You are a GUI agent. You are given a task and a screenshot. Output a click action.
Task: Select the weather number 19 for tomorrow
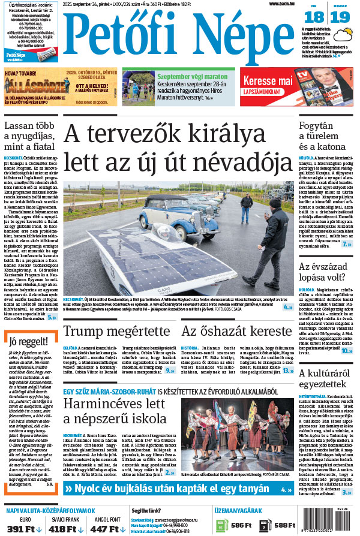pyautogui.click(x=340, y=17)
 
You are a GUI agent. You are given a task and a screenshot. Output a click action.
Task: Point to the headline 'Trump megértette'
pyautogui.click(x=116, y=332)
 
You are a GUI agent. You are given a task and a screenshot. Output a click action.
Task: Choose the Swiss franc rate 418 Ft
pyautogui.click(x=62, y=528)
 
